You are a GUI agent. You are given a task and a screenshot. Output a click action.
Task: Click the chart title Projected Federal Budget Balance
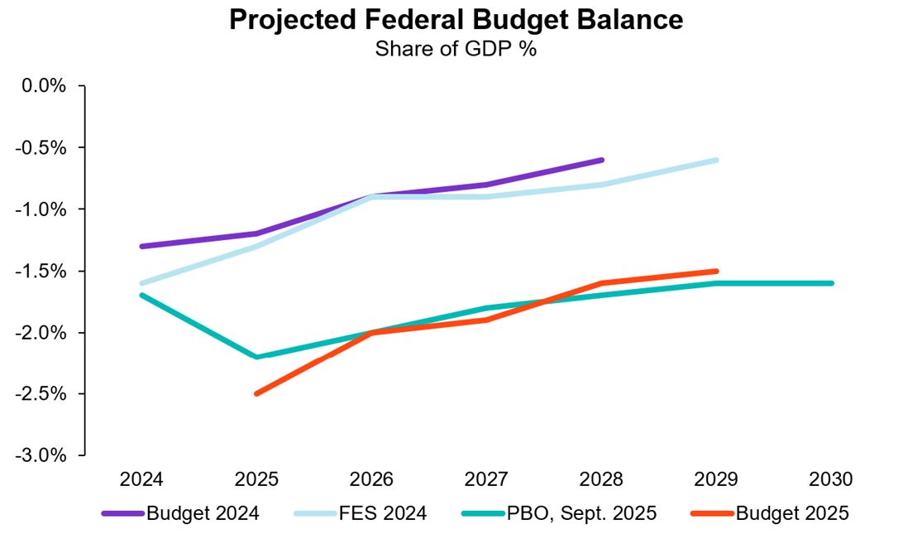(456, 20)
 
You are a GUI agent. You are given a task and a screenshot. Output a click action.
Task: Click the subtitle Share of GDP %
(456, 49)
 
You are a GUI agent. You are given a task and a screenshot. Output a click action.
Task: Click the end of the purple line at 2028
(601, 160)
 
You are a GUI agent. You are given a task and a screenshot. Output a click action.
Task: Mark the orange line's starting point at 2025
(257, 393)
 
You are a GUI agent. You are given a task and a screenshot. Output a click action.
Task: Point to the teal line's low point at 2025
(257, 357)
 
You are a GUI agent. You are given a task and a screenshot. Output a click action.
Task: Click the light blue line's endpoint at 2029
(716, 160)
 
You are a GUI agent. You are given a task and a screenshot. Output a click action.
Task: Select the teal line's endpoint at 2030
(831, 283)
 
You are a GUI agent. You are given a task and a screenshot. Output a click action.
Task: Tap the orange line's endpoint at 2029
(716, 271)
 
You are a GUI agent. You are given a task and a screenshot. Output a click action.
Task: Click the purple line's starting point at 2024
(142, 246)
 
